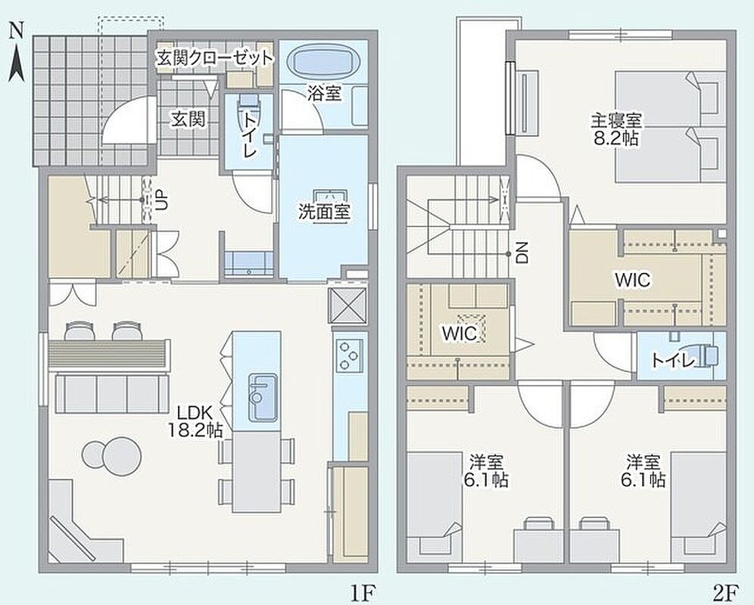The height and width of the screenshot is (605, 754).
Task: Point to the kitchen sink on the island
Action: point(263,397)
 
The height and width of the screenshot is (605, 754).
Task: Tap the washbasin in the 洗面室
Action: point(331,197)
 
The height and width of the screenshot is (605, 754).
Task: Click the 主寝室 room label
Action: point(616,120)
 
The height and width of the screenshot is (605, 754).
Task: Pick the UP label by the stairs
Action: point(162,200)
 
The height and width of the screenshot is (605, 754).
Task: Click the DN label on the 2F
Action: point(522,253)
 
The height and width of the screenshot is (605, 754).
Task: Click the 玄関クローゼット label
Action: point(215,58)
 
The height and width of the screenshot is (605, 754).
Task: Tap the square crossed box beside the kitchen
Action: point(347,306)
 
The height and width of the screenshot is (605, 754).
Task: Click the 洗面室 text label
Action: point(324,212)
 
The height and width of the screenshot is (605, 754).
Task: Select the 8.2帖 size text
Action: point(616,138)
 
